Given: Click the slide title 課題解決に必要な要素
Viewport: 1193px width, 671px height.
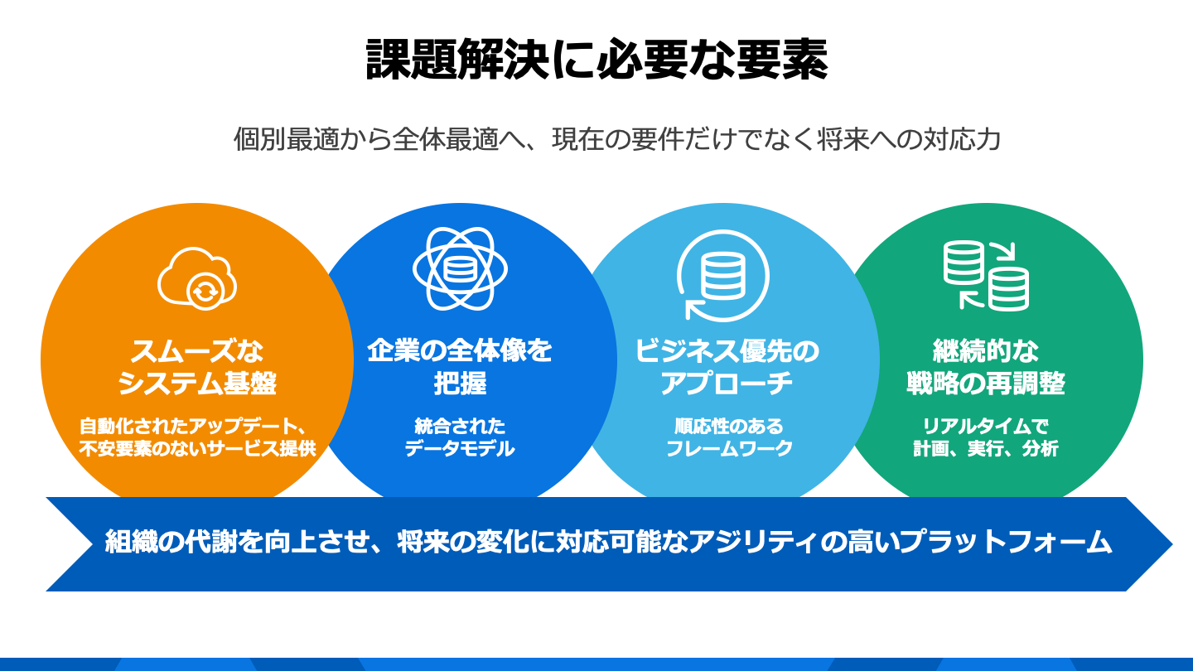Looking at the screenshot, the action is click(596, 59).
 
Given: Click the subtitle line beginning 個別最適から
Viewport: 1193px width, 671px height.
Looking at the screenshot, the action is click(616, 139).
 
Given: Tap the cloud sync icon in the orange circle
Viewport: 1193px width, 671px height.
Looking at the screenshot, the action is click(197, 278).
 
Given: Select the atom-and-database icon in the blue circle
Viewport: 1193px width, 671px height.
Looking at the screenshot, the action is click(460, 268).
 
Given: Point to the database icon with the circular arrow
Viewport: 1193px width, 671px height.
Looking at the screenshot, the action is click(722, 275).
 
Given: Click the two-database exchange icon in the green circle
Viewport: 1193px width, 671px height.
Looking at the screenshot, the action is click(986, 275).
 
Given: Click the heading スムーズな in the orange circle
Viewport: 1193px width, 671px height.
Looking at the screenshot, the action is click(197, 351).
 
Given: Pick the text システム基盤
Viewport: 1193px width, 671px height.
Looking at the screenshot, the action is click(197, 383).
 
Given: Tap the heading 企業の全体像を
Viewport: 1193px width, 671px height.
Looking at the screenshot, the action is click(460, 351).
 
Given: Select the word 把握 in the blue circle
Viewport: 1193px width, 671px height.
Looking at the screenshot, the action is click(460, 383).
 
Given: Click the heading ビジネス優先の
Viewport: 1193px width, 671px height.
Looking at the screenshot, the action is click(727, 351).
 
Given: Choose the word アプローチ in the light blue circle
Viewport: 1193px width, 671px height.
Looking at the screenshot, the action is click(727, 383).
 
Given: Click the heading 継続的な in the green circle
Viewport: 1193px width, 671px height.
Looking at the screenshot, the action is click(986, 351).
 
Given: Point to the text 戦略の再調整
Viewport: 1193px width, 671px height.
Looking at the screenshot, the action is click(986, 383).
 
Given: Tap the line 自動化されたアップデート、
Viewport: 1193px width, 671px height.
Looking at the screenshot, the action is click(193, 426).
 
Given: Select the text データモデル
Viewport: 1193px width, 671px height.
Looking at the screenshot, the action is click(460, 448).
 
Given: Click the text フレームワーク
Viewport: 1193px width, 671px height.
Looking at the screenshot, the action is click(729, 448).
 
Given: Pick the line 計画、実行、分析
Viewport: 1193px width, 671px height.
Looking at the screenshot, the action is click(986, 448).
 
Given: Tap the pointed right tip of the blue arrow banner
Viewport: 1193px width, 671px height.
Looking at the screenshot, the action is click(1172, 543).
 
